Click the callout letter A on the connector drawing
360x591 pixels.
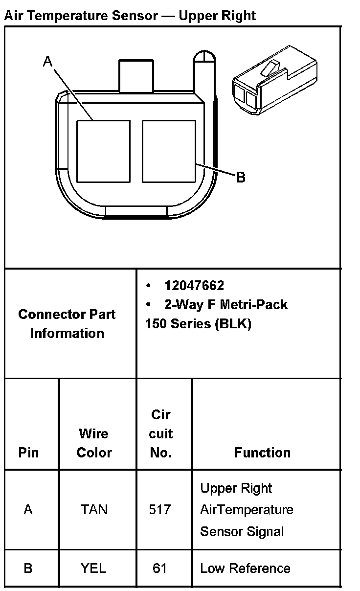47,61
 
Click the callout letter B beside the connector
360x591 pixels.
240,177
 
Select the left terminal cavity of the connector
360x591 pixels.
103,151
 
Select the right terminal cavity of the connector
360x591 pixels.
169,151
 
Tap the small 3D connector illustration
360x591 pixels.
273,81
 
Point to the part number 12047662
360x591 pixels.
194,286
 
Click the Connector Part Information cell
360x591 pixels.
67,323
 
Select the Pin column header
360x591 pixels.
28,453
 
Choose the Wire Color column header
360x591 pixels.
94,443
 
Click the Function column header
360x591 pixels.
262,453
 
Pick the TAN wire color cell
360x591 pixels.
94,510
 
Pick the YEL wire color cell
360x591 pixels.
93,568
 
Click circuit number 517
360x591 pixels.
160,510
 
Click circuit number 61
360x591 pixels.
160,568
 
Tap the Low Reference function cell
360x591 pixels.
245,568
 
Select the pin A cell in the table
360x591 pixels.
28,510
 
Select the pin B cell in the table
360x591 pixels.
28,568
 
